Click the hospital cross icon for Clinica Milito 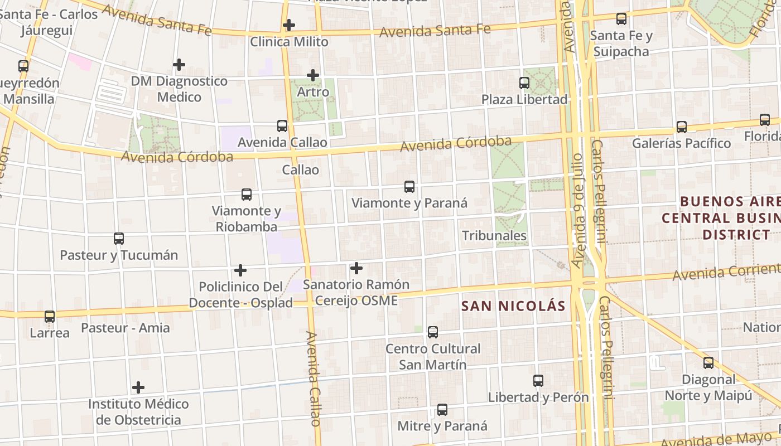pyautogui.click(x=288, y=25)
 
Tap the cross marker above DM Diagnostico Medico pyautogui.click(x=179, y=65)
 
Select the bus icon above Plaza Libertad pyautogui.click(x=524, y=83)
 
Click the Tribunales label pyautogui.click(x=494, y=235)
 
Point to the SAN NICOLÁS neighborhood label pyautogui.click(x=513, y=306)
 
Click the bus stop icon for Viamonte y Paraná pyautogui.click(x=409, y=187)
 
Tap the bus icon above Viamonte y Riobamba pyautogui.click(x=247, y=195)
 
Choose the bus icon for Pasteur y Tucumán pyautogui.click(x=119, y=239)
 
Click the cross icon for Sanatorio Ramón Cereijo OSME pyautogui.click(x=356, y=268)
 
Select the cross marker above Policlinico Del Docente pyautogui.click(x=240, y=270)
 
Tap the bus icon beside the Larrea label pyautogui.click(x=50, y=317)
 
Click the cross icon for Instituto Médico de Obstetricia pyautogui.click(x=138, y=387)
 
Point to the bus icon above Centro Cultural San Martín pyautogui.click(x=433, y=332)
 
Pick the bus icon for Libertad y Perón pyautogui.click(x=538, y=381)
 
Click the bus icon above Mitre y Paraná pyautogui.click(x=442, y=410)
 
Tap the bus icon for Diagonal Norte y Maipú pyautogui.click(x=708, y=363)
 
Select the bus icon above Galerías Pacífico pyautogui.click(x=682, y=127)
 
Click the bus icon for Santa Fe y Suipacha pyautogui.click(x=621, y=19)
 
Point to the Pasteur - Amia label pyautogui.click(x=126, y=327)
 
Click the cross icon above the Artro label pyautogui.click(x=313, y=75)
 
